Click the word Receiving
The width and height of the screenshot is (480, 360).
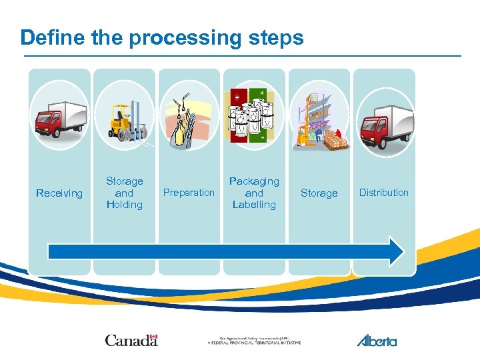point(59,193)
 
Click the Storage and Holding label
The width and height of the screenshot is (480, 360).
point(125,193)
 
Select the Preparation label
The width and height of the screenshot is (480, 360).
point(189,193)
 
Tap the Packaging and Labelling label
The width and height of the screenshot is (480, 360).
point(254,193)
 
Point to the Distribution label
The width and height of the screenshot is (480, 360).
point(384,193)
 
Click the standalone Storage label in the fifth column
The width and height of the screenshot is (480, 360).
point(319,193)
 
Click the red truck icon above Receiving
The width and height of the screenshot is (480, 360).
point(60,119)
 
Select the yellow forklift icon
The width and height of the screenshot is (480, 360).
point(125,120)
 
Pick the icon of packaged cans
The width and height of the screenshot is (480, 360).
point(253,117)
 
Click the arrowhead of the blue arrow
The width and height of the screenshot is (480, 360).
point(396,251)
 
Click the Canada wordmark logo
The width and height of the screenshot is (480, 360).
point(131,340)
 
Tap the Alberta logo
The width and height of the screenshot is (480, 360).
point(377,340)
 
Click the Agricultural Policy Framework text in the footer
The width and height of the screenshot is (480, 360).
point(254,341)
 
